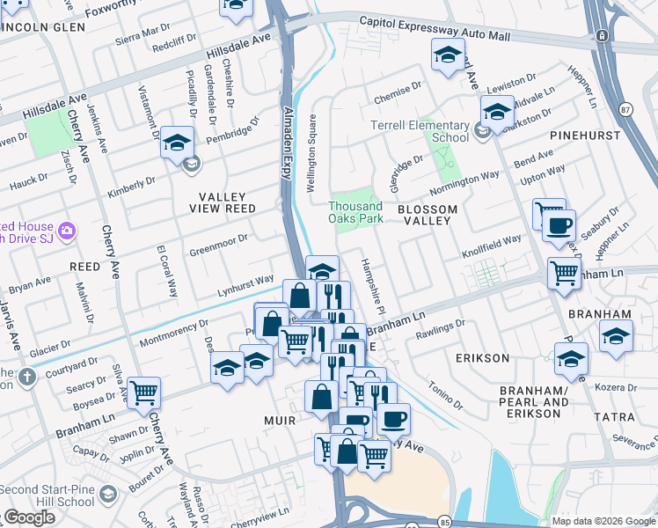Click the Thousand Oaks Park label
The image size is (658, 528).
[x=355, y=212]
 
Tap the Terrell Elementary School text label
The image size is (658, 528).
[x=420, y=131]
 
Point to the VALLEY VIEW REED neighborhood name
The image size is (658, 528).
[x=216, y=202]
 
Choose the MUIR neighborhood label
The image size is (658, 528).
[x=281, y=421]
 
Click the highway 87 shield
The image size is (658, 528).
[x=625, y=109]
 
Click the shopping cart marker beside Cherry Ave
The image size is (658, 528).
[x=143, y=392]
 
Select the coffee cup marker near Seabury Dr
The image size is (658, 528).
[x=558, y=226]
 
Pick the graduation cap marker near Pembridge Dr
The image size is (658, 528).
[x=177, y=142]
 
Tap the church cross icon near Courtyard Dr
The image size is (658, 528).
[x=27, y=377]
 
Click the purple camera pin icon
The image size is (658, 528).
[x=68, y=231]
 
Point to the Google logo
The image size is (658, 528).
[x=28, y=517]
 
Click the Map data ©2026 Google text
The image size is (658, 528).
[x=603, y=521]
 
